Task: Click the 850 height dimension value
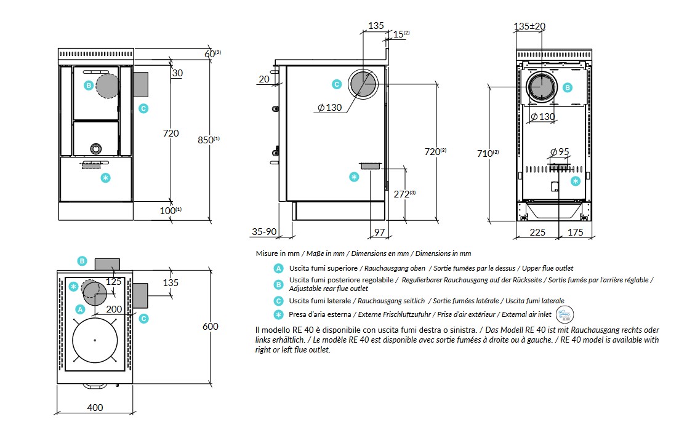coord(205,140)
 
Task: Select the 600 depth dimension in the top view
coord(211,326)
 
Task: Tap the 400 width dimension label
coord(95,407)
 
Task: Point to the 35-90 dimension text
coord(263,232)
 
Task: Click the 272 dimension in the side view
coord(401,194)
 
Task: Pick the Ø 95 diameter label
coord(560,151)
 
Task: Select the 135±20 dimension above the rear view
coord(529,26)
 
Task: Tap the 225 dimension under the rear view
coord(538,232)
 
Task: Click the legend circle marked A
coord(279,268)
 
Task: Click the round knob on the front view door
coord(96,148)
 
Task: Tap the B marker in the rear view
coord(568,88)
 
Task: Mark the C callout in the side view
coord(336,84)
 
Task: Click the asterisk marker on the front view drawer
coord(105,178)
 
